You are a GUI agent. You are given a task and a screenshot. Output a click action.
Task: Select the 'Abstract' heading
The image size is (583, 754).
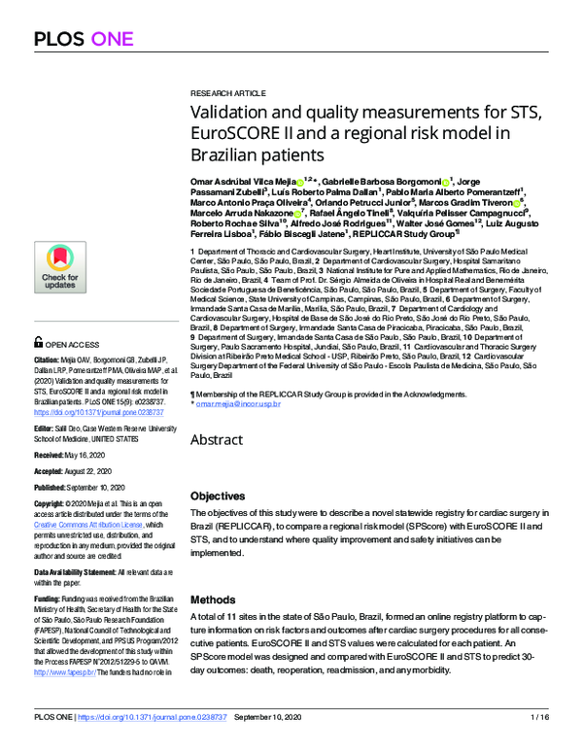coord(216,440)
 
